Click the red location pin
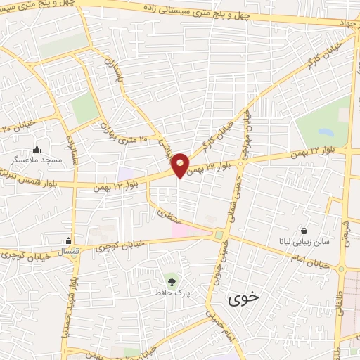point(181,165)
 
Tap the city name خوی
point(244,297)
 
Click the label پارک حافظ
point(174,291)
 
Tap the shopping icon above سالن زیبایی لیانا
point(304,230)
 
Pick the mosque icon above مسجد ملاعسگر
point(37,149)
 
